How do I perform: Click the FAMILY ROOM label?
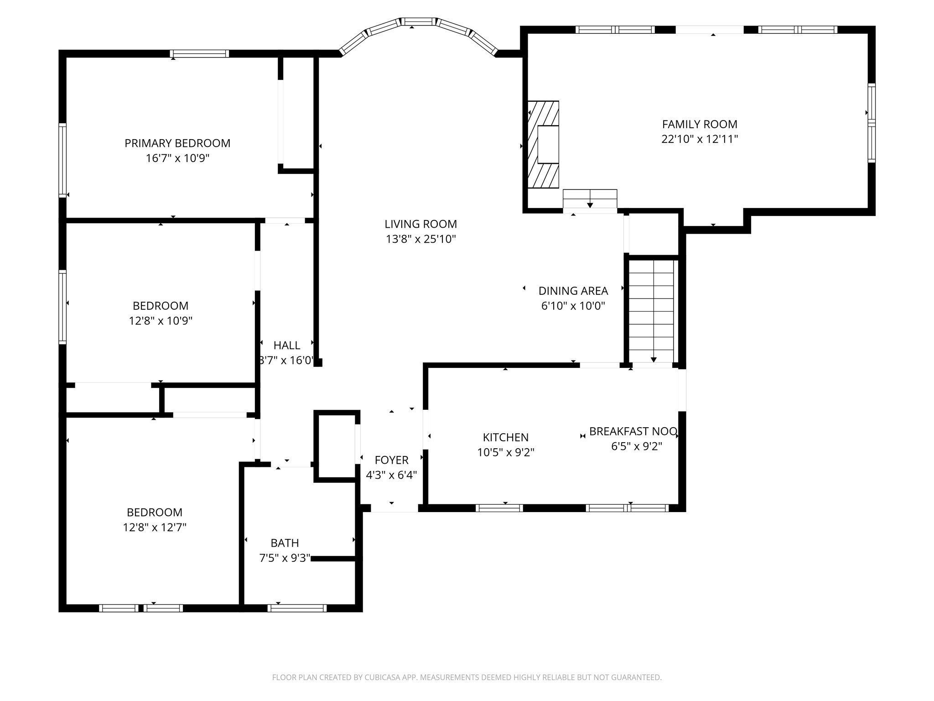pyautogui.click(x=700, y=124)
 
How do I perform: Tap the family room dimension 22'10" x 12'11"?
pyautogui.click(x=700, y=139)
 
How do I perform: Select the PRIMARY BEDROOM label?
pyautogui.click(x=177, y=143)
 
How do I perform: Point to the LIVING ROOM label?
pyautogui.click(x=420, y=224)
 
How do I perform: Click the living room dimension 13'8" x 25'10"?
pyautogui.click(x=420, y=239)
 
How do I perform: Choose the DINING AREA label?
pyautogui.click(x=573, y=291)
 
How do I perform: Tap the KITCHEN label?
pyautogui.click(x=506, y=437)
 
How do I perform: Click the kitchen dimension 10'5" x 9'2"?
pyautogui.click(x=506, y=452)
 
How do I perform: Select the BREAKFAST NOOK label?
pyautogui.click(x=633, y=431)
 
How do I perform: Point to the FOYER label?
pyautogui.click(x=391, y=460)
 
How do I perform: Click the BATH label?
pyautogui.click(x=285, y=543)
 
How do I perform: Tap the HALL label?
pyautogui.click(x=287, y=345)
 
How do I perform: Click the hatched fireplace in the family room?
pyautogui.click(x=543, y=144)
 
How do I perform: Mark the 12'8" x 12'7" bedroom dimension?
pyautogui.click(x=155, y=528)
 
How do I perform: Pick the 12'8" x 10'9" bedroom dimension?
pyautogui.click(x=161, y=321)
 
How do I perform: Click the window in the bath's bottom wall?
pyautogui.click(x=297, y=608)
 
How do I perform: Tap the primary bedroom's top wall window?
pyautogui.click(x=199, y=54)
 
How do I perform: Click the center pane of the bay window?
pyautogui.click(x=419, y=21)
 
